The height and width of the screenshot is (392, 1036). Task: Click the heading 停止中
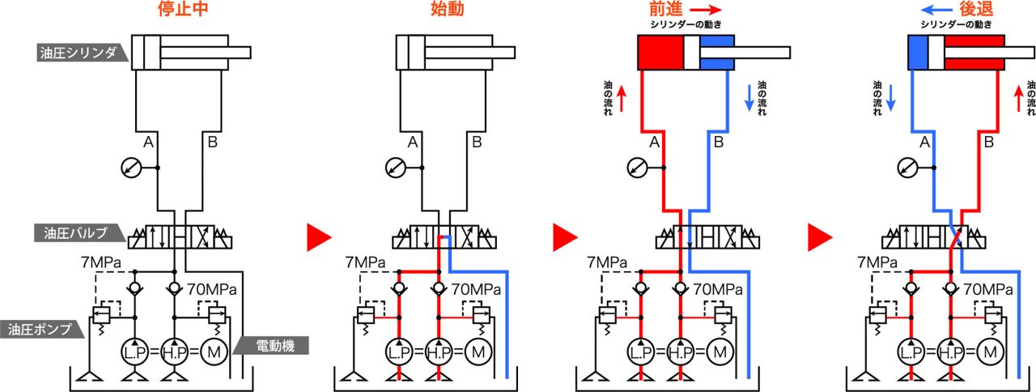pos(183,9)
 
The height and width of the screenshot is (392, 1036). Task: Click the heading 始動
pos(448,9)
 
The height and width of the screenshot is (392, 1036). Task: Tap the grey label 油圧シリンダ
pos(82,53)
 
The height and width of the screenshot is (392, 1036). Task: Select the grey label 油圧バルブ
pos(79,232)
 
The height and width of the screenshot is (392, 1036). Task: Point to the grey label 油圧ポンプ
pos(41,329)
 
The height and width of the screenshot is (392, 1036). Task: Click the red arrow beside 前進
pos(706,9)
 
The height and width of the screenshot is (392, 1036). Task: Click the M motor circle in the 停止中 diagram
pos(214,352)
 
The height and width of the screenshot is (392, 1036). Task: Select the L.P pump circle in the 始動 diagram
pos(399,352)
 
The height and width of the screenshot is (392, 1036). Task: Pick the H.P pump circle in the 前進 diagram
pos(681,352)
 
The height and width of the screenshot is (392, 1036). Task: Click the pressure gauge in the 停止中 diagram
pos(131,168)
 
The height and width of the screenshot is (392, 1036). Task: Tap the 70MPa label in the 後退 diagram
pos(988,290)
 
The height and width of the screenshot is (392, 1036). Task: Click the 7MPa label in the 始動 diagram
pos(365,263)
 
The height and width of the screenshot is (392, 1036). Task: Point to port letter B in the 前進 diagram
pos(718,142)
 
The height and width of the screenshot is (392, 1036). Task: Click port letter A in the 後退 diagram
pos(924,142)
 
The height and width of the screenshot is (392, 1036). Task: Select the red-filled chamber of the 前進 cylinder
pos(661,53)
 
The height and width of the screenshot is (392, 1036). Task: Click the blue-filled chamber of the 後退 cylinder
pos(919,53)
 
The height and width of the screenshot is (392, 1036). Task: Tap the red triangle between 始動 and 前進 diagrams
pos(565,237)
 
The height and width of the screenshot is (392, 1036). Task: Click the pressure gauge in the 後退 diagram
pos(907,168)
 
